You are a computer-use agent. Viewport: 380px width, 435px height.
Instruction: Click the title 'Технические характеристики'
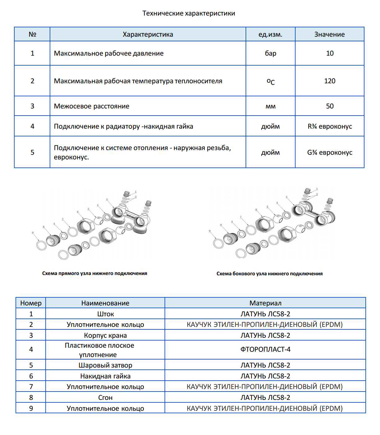point(189,13)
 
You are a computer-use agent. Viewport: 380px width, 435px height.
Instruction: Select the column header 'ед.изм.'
point(270,34)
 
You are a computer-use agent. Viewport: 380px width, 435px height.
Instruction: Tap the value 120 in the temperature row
point(330,81)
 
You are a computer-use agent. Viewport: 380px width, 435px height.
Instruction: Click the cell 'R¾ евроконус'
point(330,126)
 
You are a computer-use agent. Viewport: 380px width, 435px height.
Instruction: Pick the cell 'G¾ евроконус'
point(330,153)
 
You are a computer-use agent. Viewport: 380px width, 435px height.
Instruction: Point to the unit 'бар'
point(270,53)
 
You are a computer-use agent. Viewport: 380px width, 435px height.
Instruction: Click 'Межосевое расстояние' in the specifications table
point(92,106)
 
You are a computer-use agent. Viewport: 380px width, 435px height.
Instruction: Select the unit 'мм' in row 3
point(270,107)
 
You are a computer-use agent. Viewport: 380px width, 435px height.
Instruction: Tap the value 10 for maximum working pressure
point(330,53)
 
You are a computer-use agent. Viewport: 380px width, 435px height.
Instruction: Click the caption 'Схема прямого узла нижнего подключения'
point(95,273)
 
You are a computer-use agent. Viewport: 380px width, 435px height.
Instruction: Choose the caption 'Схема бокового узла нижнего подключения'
point(269,274)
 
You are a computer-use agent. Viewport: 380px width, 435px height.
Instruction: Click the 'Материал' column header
point(265,303)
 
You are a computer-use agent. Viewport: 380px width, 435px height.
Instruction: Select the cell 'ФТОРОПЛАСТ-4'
point(265,350)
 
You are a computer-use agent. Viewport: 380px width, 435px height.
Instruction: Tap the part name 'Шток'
point(106,314)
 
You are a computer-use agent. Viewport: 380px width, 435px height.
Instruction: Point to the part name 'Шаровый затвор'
point(105,365)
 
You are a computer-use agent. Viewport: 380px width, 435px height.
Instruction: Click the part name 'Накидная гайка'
point(105,376)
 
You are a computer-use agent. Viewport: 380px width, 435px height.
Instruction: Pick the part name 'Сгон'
point(105,398)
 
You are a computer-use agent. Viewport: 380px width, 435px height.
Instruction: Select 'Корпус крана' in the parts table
point(105,336)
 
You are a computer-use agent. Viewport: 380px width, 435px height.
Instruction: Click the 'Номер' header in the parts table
point(31,303)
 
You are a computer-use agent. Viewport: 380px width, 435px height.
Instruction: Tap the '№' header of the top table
point(32,34)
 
